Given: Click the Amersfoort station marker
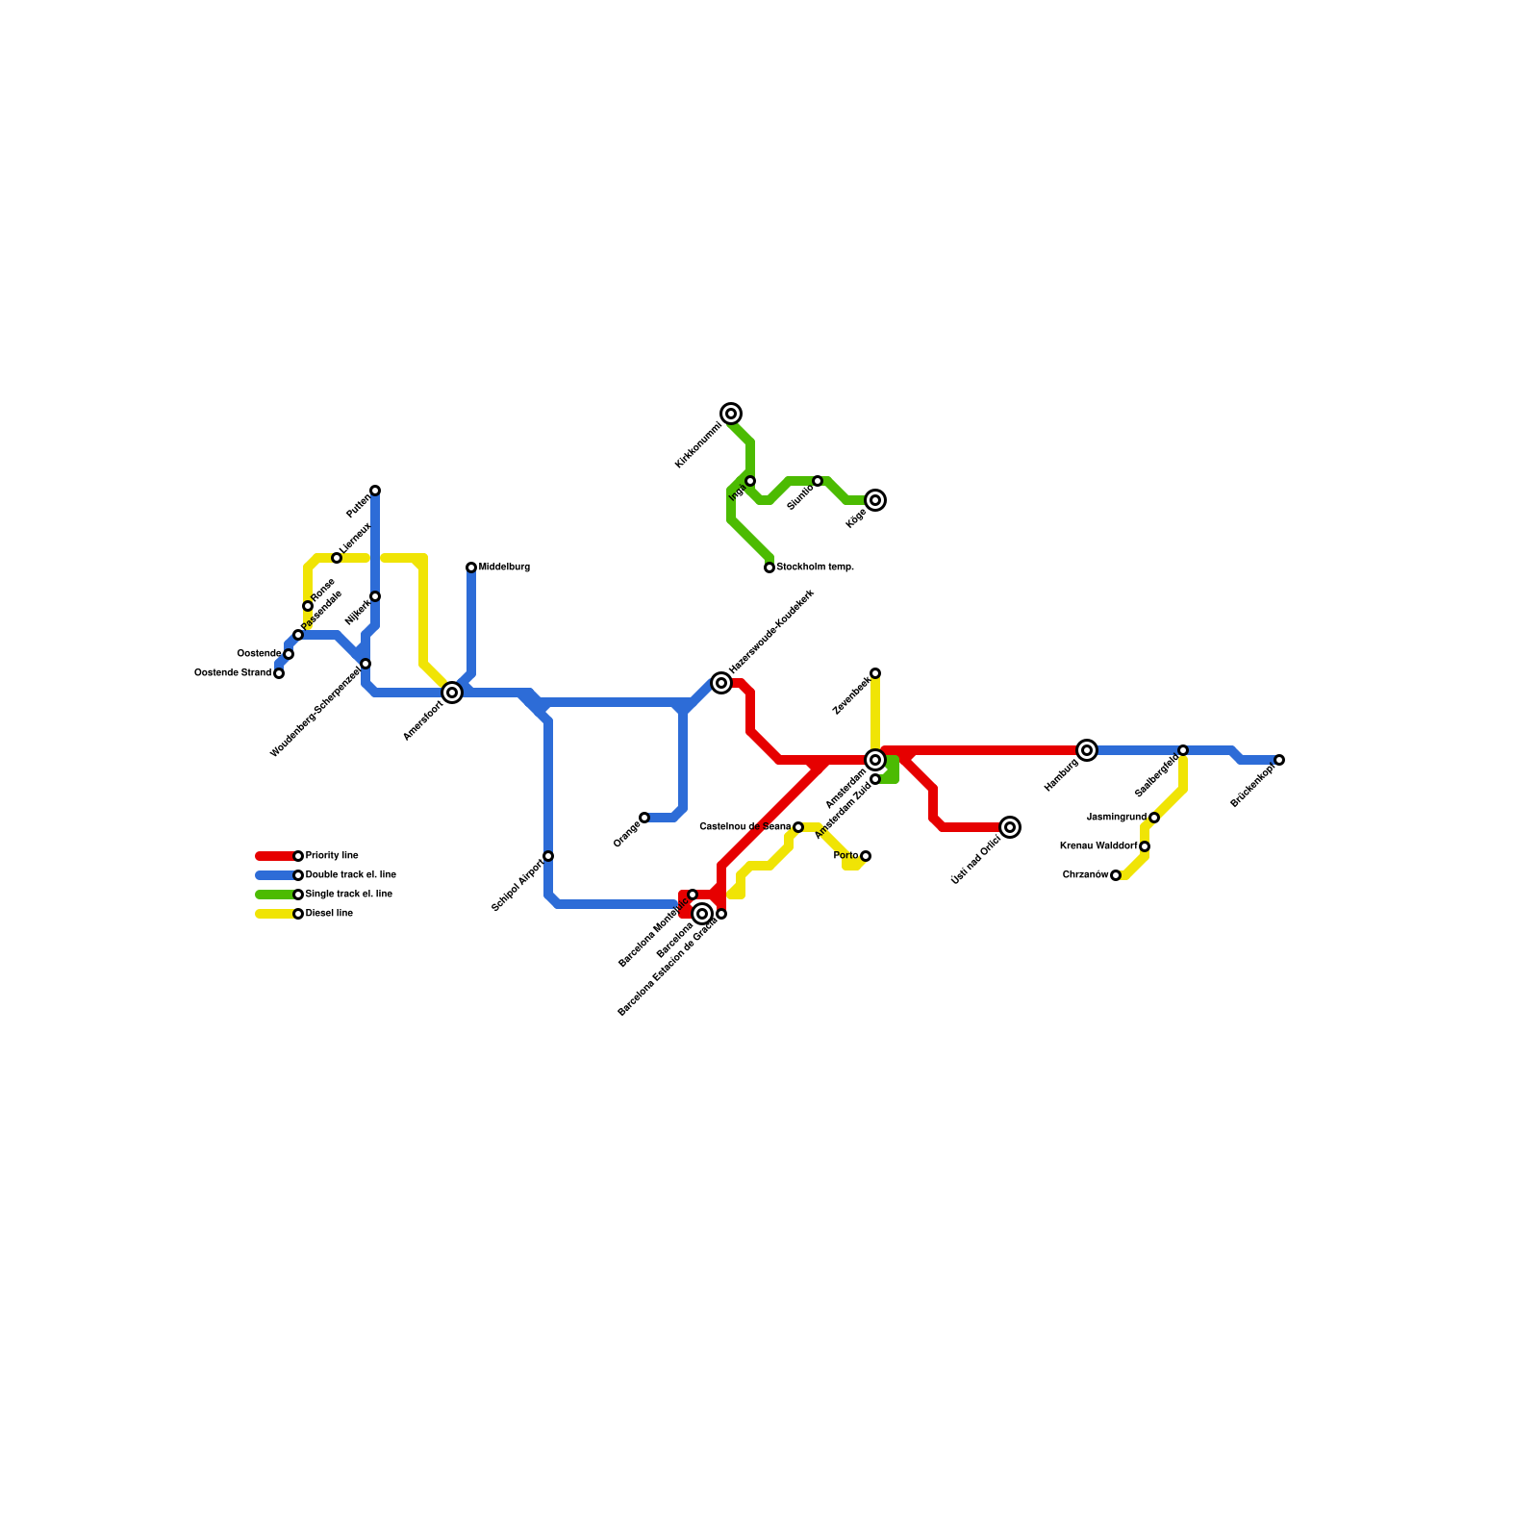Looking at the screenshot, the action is [x=452, y=693].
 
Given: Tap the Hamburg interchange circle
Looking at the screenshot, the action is [x=1087, y=750].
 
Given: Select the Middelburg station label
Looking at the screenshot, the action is [x=504, y=568].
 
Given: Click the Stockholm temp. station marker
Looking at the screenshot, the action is [x=769, y=568].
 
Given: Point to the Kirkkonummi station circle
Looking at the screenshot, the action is [x=731, y=414].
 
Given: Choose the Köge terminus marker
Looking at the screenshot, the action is [x=875, y=500].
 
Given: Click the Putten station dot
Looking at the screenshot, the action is [x=375, y=491].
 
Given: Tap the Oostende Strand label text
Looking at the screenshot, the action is [x=233, y=673].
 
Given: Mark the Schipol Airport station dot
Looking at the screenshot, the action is [x=548, y=856].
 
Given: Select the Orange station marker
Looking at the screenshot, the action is [x=644, y=818].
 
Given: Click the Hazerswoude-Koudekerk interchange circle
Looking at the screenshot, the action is [x=721, y=683].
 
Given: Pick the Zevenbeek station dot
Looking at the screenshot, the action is [x=875, y=673].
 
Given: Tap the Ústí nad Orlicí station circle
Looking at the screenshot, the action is [x=1010, y=827].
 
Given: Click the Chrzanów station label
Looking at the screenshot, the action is [x=1085, y=875].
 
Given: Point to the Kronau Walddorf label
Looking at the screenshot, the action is [x=1098, y=846].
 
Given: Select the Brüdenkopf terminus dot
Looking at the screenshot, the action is [x=1279, y=760].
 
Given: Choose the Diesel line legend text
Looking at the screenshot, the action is [x=329, y=914].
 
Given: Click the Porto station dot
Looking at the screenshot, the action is [x=866, y=856].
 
